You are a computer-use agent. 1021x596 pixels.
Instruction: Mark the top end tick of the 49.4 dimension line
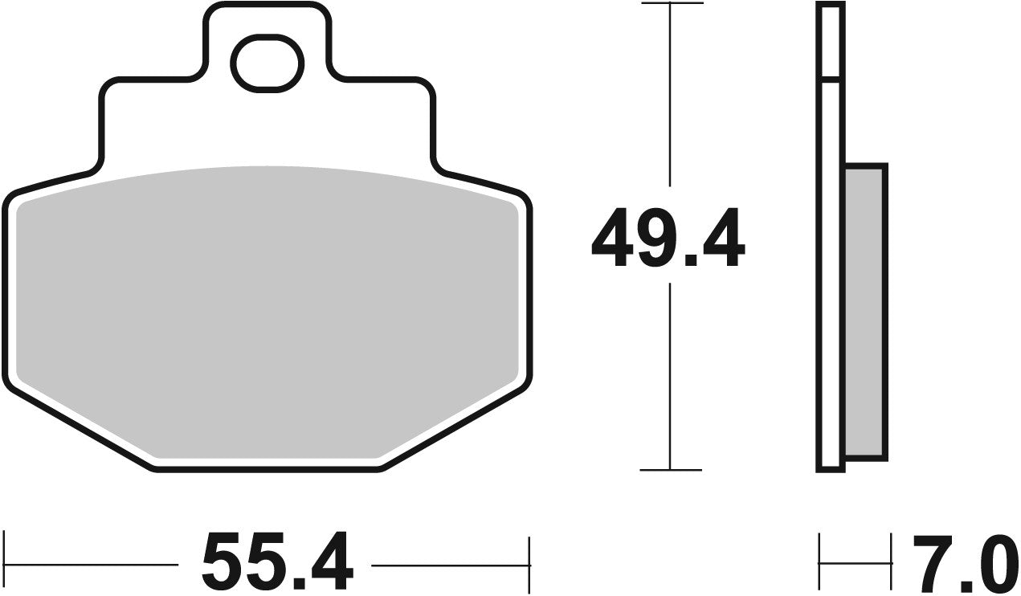pyautogui.click(x=670, y=4)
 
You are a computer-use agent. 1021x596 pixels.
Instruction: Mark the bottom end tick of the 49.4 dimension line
pyautogui.click(x=670, y=470)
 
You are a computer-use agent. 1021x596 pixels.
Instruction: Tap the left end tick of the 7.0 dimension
pyautogui.click(x=819, y=562)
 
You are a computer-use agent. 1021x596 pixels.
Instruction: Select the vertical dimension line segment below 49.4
pyautogui.click(x=670, y=378)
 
